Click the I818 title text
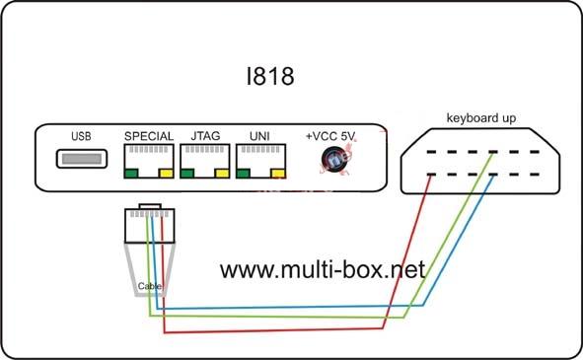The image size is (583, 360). [x=270, y=76]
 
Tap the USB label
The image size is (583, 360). [x=81, y=136]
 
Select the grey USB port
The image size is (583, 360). [x=82, y=159]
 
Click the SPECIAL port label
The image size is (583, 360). [x=149, y=136]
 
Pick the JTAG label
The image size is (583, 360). [x=205, y=136]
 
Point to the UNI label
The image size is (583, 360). [x=259, y=136]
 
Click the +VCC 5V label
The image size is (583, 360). [x=330, y=136]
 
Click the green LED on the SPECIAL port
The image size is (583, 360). [x=131, y=173]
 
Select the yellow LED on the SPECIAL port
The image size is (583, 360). [x=166, y=173]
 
